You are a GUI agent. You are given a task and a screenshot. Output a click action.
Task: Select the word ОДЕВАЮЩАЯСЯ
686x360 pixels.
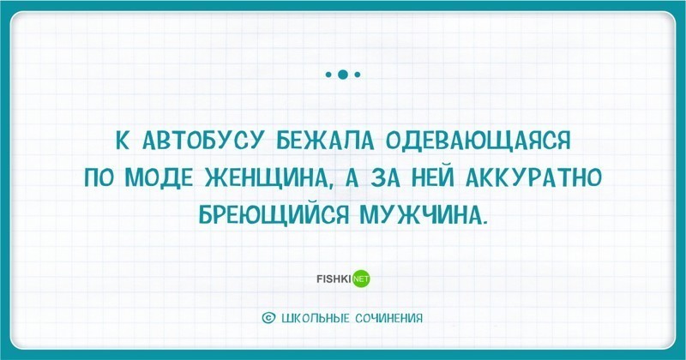pos(478,141)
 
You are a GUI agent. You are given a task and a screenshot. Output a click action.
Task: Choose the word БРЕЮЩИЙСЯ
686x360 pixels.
pos(274,214)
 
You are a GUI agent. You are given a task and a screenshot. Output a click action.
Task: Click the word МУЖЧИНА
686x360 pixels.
pos(422,214)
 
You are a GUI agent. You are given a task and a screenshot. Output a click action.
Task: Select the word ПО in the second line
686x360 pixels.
pos(99,178)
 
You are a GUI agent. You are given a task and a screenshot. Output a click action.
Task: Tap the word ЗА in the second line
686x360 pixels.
pos(379,178)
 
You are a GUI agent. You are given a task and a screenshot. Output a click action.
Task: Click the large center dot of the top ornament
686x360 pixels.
pos(343,75)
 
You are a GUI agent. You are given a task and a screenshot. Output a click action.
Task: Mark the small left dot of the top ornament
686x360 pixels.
pos(328,75)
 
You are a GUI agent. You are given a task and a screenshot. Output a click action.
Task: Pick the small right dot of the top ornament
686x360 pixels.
pos(358,75)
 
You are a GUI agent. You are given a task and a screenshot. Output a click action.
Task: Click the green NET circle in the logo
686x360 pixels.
pos(361,279)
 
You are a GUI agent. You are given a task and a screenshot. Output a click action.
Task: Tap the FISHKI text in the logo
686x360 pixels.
pos(334,278)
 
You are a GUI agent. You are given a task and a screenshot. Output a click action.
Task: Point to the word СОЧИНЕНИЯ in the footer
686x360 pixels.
pos(390,318)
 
